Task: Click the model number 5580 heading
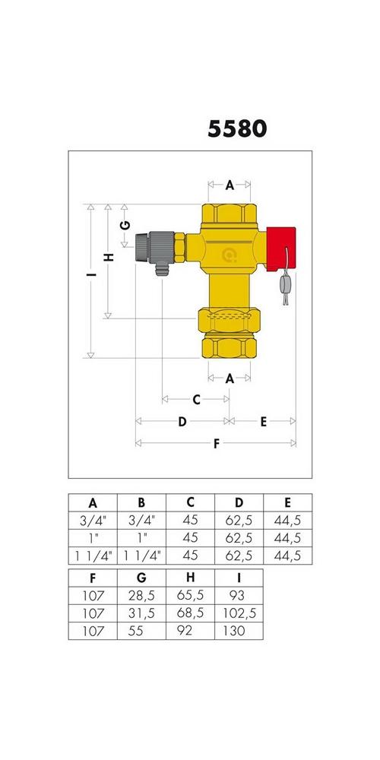[x=237, y=129]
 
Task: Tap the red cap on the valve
[x=280, y=249]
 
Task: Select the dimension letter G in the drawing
[x=125, y=225]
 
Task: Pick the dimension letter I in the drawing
[x=90, y=275]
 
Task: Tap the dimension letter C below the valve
[x=196, y=400]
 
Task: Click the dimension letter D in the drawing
[x=182, y=422]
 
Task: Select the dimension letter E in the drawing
[x=263, y=422]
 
